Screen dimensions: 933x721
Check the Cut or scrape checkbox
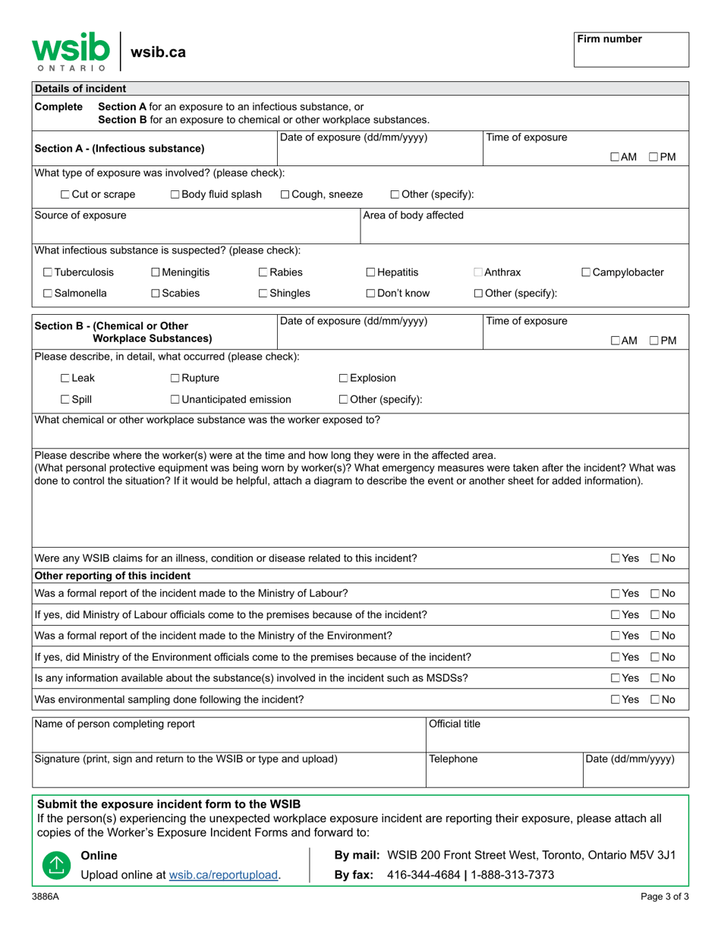tap(65, 195)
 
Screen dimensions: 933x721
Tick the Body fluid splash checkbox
tap(175, 195)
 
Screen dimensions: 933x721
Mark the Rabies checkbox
tap(263, 272)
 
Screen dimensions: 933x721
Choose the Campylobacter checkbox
tap(587, 272)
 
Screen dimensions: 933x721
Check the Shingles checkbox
tap(263, 294)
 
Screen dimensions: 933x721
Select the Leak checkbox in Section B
tap(65, 379)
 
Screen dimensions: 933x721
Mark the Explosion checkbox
tap(343, 379)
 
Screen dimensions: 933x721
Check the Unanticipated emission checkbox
tap(175, 400)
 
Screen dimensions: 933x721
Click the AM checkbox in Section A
tap(615, 157)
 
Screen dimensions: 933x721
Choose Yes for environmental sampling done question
tap(616, 699)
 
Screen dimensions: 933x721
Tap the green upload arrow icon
tap(54, 865)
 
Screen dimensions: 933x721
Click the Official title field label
tap(455, 724)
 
